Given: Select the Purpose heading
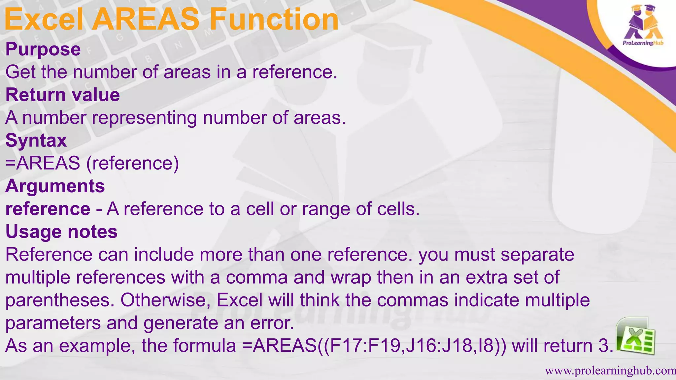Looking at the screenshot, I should coord(43,49).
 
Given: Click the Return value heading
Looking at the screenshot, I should coord(63,95).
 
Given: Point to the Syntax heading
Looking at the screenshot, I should coord(36,141).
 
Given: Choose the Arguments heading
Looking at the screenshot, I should coord(55,186).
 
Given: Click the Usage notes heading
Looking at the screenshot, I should coord(62,232).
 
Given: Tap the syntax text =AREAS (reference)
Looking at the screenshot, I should coord(92,163).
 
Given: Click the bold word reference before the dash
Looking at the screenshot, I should coord(48,209).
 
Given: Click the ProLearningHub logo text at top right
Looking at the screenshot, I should coord(643,43).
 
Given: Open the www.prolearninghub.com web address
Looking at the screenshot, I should coord(610,371).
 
